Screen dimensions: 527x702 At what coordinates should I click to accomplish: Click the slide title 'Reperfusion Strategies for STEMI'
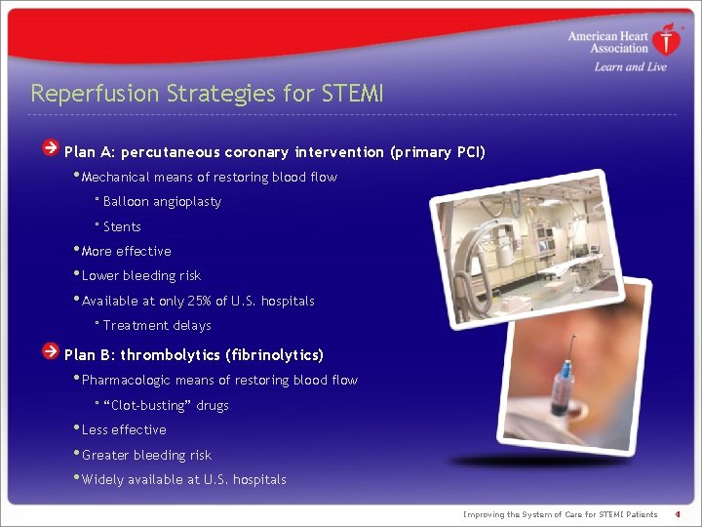(207, 94)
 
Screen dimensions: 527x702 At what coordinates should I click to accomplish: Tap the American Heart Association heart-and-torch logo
(667, 41)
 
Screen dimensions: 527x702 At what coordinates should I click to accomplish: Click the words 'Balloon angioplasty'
(162, 202)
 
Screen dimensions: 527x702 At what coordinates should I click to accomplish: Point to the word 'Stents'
(122, 227)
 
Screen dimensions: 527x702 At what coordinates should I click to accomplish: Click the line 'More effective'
(126, 252)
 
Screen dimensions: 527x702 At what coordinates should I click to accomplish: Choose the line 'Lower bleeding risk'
(140, 276)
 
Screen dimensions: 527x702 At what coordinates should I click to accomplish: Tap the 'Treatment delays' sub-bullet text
(156, 326)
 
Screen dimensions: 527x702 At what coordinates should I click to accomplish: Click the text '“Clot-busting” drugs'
(166, 406)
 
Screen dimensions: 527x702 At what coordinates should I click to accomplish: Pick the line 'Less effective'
(124, 430)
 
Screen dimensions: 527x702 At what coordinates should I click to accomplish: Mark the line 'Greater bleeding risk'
(146, 456)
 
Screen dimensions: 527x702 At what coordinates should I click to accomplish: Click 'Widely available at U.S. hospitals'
(183, 480)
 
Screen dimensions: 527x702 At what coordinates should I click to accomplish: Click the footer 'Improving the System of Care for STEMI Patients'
(560, 514)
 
